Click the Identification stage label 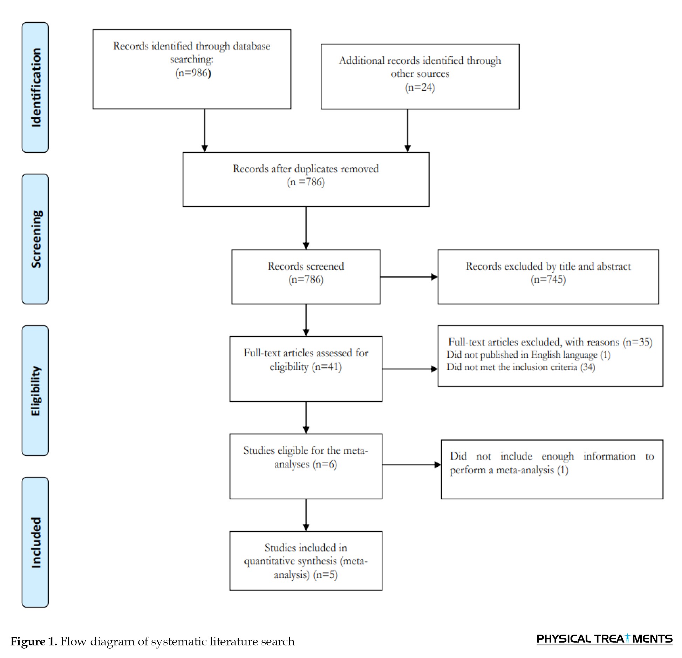point(35,87)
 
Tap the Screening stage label point(35,239)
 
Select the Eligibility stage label point(35,391)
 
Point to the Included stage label point(35,542)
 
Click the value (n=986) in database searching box point(193,73)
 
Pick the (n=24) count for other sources point(420,87)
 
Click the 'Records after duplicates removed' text point(306,169)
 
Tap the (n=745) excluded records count point(548,279)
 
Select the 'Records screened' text point(306,266)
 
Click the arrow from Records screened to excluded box point(409,277)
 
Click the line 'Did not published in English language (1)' point(528,355)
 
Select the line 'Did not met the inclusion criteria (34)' point(521,367)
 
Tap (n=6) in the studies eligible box point(325,464)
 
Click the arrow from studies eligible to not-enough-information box point(411,465)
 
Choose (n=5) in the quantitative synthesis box point(326,575)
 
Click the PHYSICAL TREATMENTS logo point(604,639)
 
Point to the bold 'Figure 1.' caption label point(34,642)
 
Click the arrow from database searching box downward point(205,130)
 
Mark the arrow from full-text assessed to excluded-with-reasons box point(410,369)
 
